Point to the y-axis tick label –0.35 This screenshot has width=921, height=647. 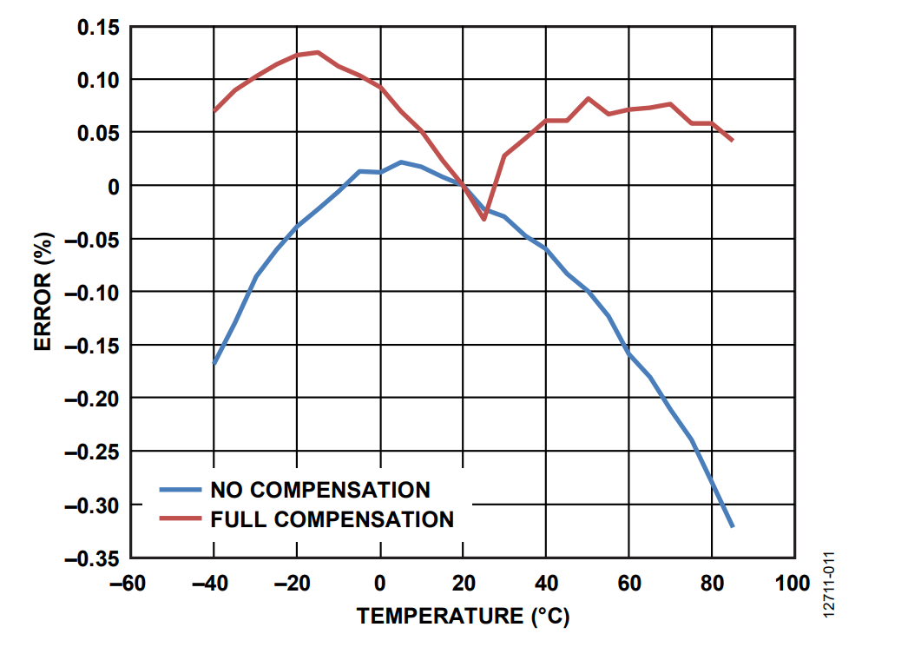[x=92, y=558]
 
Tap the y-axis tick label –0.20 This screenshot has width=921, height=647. [x=92, y=398]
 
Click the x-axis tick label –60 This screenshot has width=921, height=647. [x=128, y=584]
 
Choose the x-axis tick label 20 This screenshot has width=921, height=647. [x=463, y=584]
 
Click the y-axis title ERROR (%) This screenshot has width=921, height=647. [x=44, y=291]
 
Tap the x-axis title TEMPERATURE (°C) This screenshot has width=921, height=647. [x=463, y=617]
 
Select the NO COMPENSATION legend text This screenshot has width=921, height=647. [x=320, y=490]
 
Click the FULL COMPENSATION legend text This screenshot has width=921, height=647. [x=332, y=519]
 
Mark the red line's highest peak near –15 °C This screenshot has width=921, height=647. [x=318, y=52]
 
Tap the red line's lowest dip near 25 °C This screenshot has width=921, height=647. [x=484, y=219]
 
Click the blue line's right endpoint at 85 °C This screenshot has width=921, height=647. [x=733, y=526]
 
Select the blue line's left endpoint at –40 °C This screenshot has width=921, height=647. [x=214, y=363]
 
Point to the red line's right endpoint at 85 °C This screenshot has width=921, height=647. [x=733, y=140]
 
